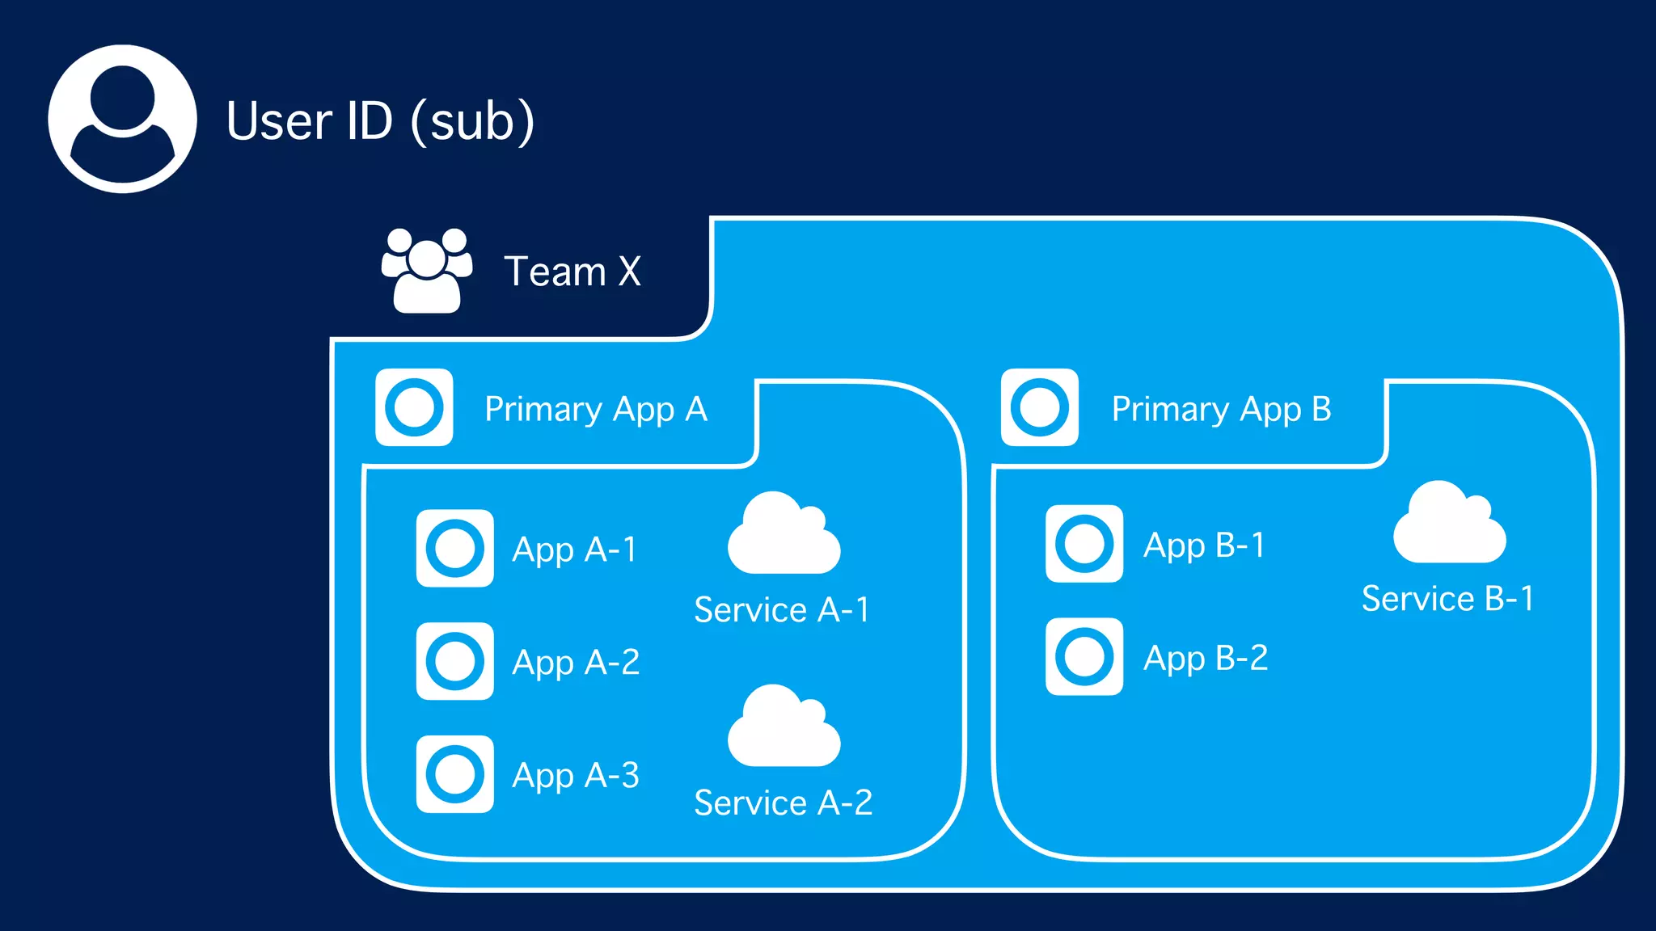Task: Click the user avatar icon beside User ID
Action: tap(122, 119)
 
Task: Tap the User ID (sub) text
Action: tap(380, 121)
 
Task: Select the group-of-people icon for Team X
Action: tap(427, 271)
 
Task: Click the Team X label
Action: tap(572, 272)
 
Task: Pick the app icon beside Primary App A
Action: tap(414, 407)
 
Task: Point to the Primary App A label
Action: tap(596, 409)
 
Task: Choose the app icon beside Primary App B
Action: tap(1040, 407)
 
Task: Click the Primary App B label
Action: tap(1221, 409)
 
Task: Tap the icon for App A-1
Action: tap(455, 548)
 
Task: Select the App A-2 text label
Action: tap(576, 663)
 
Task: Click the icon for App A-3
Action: tap(455, 774)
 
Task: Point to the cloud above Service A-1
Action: tap(784, 535)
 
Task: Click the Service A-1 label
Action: tap(782, 609)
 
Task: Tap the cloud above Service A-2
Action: tap(784, 727)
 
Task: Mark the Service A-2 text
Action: tap(783, 803)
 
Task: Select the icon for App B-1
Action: tap(1084, 544)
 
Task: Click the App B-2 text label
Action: tap(1205, 658)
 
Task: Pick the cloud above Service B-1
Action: tap(1449, 524)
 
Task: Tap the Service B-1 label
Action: tap(1447, 599)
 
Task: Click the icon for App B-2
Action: tap(1084, 657)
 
